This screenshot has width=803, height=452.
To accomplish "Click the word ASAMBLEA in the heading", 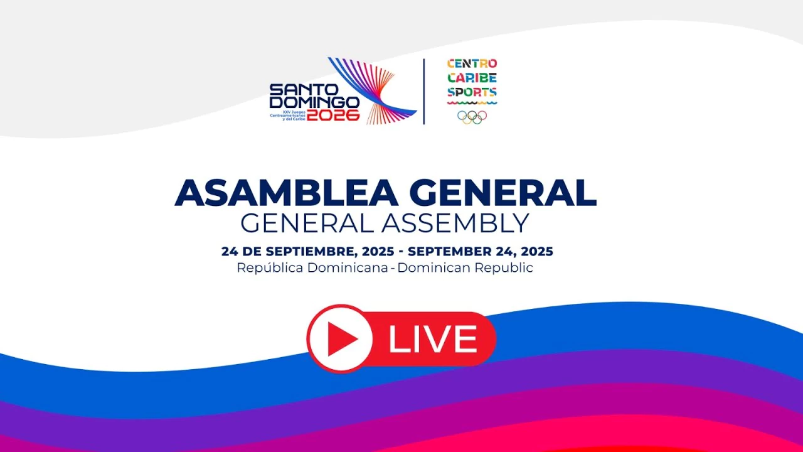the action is click(286, 193).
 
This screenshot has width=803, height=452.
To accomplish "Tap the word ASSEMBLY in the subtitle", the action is click(455, 223).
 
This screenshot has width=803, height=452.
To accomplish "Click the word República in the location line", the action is click(270, 268).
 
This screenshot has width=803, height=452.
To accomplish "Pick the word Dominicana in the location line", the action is click(348, 267).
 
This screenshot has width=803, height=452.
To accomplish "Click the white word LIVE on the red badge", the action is click(433, 339).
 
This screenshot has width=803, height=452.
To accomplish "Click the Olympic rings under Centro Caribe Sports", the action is click(472, 117).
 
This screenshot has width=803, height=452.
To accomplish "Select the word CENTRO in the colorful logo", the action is click(472, 64).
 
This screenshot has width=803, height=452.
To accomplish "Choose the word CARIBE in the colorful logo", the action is click(472, 78).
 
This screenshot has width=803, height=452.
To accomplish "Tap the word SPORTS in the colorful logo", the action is click(472, 92).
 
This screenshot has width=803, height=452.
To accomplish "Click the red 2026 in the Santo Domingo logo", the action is click(333, 115).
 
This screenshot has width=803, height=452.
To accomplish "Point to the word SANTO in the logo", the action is click(304, 90).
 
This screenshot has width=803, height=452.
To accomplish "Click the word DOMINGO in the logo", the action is click(314, 102).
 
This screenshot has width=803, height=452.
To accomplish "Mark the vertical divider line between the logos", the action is click(424, 92).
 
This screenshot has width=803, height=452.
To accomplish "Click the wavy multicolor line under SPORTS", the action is click(472, 104).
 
